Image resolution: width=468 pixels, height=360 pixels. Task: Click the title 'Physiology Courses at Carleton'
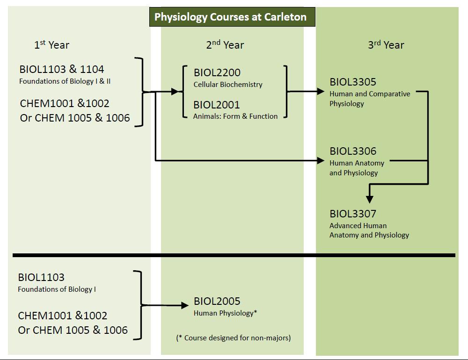(x=231, y=17)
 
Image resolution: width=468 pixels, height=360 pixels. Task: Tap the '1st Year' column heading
(x=51, y=45)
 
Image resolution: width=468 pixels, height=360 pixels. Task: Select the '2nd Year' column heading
(x=225, y=45)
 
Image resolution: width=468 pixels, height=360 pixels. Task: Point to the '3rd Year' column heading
(x=386, y=45)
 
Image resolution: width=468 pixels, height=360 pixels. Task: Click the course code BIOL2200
(x=217, y=72)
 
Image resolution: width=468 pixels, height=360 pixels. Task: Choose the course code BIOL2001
(x=217, y=105)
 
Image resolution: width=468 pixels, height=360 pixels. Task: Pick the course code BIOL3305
(x=353, y=82)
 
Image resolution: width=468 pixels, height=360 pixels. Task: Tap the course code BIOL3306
(x=353, y=151)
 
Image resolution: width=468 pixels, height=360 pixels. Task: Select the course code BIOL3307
(x=353, y=214)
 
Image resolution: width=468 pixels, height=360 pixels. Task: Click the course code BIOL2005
(x=217, y=301)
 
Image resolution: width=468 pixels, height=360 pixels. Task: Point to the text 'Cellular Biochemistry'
(x=228, y=85)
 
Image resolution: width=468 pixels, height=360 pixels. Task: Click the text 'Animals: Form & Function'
(x=235, y=116)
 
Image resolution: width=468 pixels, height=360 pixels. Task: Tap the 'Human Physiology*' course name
(x=226, y=313)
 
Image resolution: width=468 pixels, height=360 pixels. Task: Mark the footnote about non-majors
(x=234, y=338)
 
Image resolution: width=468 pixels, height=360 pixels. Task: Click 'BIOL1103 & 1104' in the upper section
(x=62, y=69)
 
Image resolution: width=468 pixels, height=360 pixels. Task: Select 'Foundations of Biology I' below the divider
(x=57, y=289)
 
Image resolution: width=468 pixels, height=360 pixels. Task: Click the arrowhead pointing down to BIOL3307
(x=369, y=199)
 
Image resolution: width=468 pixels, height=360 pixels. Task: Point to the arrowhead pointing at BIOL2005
(x=185, y=306)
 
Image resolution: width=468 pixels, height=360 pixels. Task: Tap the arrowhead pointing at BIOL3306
(x=321, y=161)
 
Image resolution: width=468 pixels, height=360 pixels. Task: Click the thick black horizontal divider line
(x=234, y=255)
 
